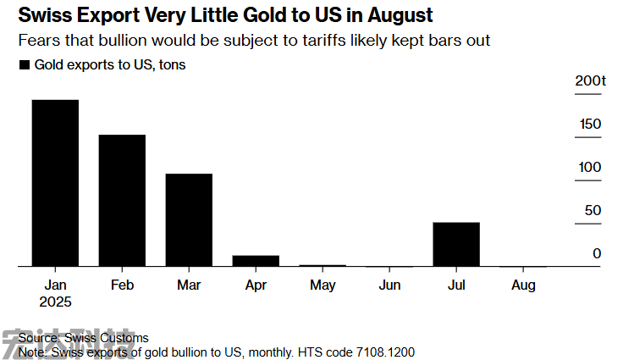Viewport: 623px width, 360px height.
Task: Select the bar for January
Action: [55, 183]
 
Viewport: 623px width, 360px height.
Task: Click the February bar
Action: [122, 201]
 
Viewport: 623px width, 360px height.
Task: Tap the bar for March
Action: [189, 220]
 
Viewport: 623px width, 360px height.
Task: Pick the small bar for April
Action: [256, 261]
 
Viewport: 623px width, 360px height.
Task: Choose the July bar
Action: [456, 244]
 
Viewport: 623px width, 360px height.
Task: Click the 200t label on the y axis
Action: [590, 80]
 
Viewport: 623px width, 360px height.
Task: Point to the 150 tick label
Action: [590, 125]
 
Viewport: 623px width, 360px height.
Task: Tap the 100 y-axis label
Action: [590, 167]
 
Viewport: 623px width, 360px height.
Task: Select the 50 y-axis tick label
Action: [593, 210]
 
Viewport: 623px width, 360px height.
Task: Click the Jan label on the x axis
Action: [55, 285]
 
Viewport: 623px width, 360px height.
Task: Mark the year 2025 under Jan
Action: [55, 302]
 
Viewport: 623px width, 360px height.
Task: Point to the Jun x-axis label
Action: [389, 285]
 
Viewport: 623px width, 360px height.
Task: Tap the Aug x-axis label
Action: [523, 285]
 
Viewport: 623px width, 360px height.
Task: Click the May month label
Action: [323, 285]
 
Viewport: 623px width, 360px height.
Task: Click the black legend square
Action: [24, 65]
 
